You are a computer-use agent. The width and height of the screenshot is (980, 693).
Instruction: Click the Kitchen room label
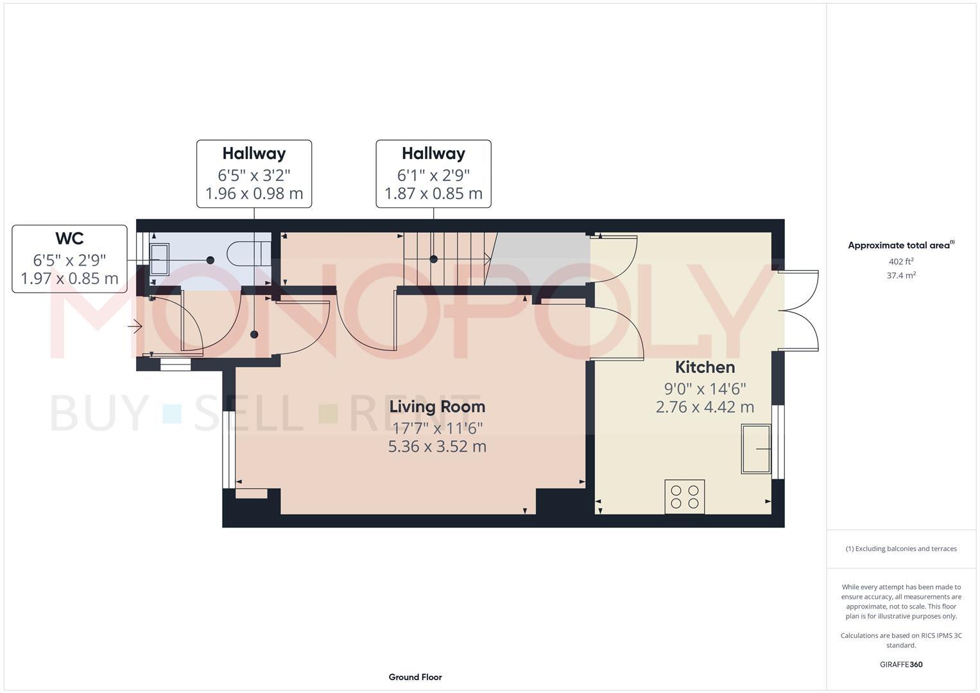tap(705, 367)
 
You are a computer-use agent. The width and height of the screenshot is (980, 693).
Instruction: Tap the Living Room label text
tap(437, 406)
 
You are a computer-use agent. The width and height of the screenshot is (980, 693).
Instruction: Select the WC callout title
tap(69, 238)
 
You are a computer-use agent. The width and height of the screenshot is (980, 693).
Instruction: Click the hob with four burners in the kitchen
tap(684, 497)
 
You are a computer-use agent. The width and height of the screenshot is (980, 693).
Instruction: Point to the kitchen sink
tap(755, 449)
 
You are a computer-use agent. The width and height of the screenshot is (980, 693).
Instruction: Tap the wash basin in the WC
tap(159, 259)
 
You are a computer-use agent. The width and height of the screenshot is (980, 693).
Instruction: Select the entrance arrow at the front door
tap(135, 327)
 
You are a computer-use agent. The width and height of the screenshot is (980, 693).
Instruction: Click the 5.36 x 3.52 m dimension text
tap(437, 447)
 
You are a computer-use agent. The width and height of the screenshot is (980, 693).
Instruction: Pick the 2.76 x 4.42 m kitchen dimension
tap(705, 407)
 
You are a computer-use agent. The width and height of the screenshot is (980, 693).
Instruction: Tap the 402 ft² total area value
tap(901, 261)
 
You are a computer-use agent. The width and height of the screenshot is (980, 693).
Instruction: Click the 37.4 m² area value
tap(901, 275)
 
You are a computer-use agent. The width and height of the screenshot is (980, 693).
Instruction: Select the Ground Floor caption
tap(415, 677)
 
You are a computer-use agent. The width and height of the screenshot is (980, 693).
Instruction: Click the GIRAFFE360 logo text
tap(901, 664)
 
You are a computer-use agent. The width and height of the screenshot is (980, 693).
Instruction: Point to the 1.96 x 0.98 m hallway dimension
tap(254, 193)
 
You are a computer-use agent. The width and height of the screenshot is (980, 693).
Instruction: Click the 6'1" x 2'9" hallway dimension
tap(433, 175)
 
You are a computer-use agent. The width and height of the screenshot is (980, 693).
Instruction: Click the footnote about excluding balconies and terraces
tap(901, 549)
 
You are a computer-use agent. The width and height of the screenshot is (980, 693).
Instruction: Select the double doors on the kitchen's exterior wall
tap(800, 311)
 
